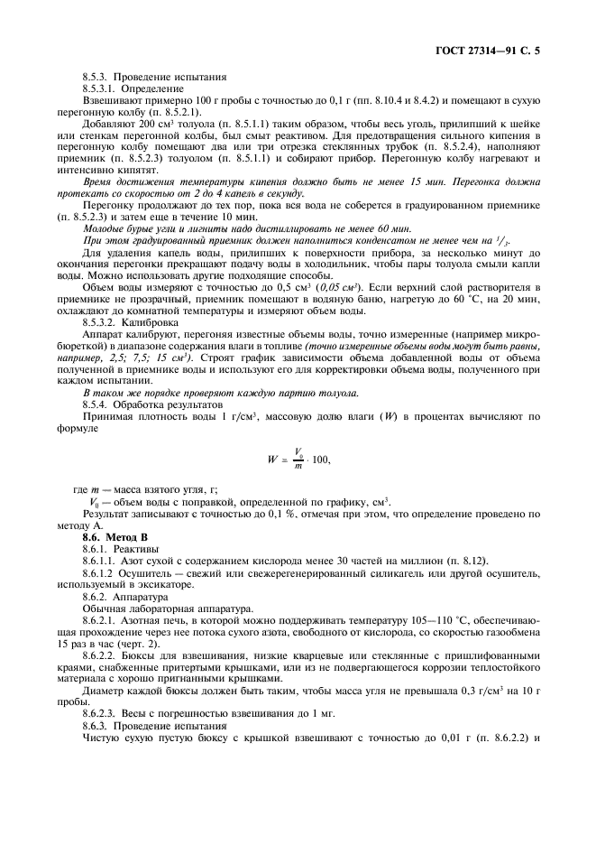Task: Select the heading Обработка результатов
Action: click(x=167, y=404)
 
